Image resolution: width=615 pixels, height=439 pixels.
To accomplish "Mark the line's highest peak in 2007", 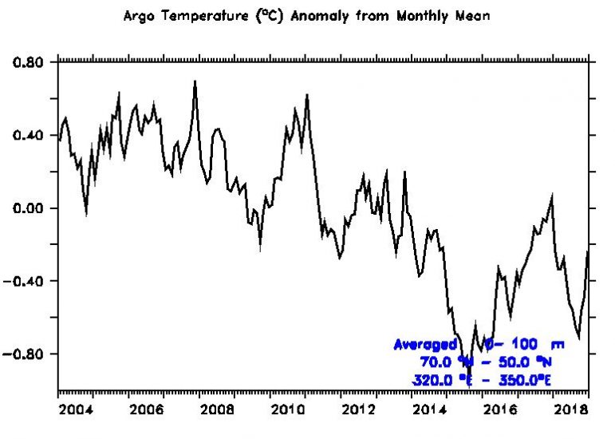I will tap(195, 81).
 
